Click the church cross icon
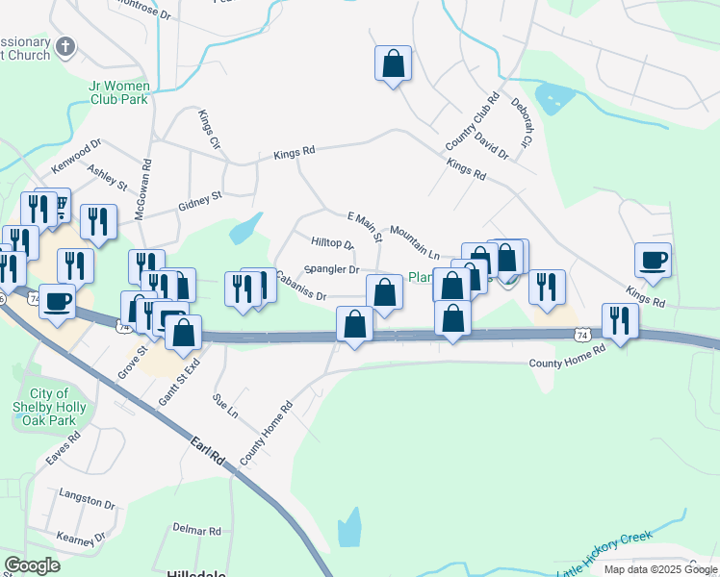coord(65,47)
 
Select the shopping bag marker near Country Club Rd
coord(393,64)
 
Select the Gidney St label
coord(200,201)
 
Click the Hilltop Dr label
coord(332,243)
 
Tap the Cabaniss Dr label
coord(301,285)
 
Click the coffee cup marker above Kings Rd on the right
coord(653,260)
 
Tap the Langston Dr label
coord(87,500)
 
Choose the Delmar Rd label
coord(196,530)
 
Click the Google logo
coord(32,565)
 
